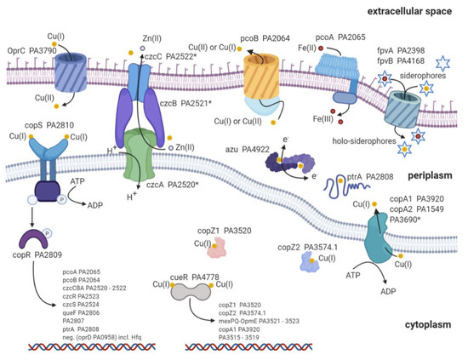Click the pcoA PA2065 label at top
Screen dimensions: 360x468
click(349, 37)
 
